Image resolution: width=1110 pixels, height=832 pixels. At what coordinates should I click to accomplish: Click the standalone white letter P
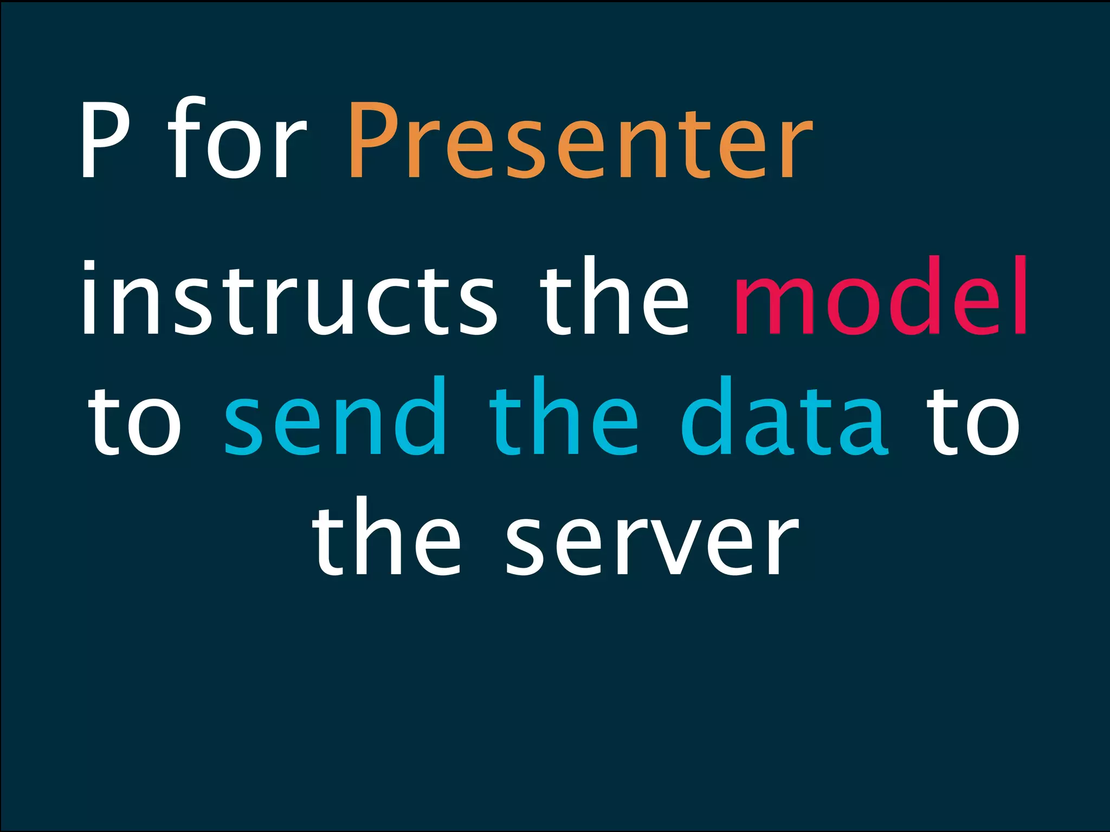[x=105, y=140]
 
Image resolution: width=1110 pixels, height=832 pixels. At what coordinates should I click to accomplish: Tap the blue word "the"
[x=564, y=416]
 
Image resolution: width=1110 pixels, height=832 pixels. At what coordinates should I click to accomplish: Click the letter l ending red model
[x=1019, y=296]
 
